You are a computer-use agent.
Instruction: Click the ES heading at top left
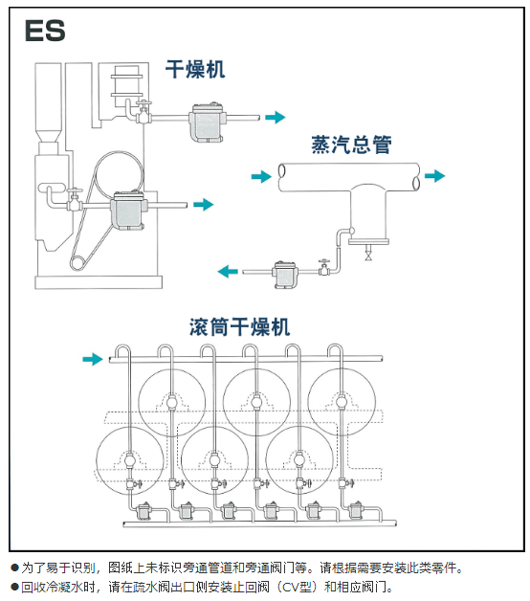tap(45, 31)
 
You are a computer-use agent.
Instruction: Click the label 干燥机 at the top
tap(195, 69)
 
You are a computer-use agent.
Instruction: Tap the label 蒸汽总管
tap(351, 145)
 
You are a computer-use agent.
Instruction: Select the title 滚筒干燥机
tap(239, 327)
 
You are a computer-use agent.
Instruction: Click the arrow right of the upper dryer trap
tap(276, 117)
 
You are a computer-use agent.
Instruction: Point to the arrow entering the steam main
tap(261, 177)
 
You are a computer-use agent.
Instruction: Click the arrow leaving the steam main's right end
tap(434, 176)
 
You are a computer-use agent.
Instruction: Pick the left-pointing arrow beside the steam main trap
tap(228, 272)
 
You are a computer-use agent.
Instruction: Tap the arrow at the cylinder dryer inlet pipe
tap(93, 359)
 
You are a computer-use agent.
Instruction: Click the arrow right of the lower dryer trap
tap(203, 204)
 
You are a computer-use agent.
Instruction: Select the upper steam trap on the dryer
tap(207, 122)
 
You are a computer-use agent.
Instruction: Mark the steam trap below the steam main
tap(285, 275)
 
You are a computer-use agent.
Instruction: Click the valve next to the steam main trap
tap(324, 268)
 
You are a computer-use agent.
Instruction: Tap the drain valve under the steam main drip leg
tap(368, 254)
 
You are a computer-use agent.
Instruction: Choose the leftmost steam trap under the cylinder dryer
tap(144, 511)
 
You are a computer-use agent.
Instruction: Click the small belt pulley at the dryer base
tap(77, 263)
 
